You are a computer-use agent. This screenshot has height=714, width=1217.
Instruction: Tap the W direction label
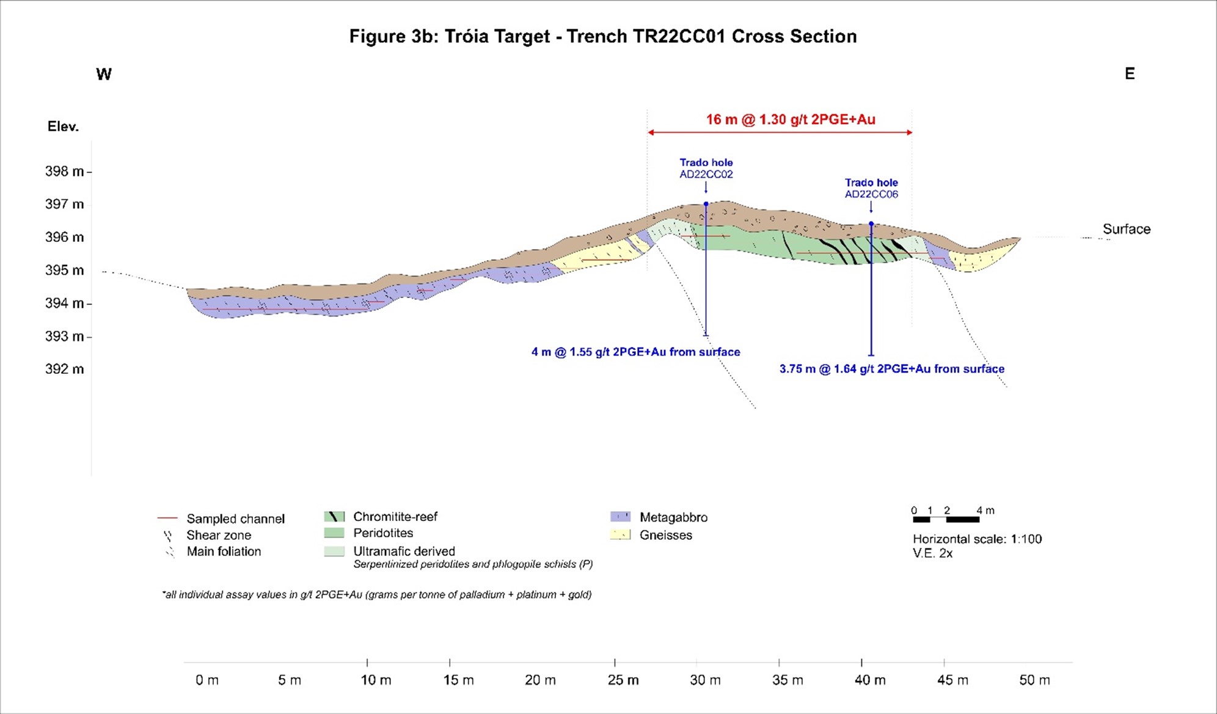tap(104, 75)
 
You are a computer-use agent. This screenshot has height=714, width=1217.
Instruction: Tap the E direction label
tap(1130, 74)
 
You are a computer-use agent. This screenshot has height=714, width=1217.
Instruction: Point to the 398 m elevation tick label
tap(64, 172)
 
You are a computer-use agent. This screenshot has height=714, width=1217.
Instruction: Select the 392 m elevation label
tap(64, 369)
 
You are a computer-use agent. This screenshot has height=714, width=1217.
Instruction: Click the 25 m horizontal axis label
tap(623, 680)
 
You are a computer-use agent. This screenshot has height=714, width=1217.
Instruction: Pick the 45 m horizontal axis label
tap(952, 680)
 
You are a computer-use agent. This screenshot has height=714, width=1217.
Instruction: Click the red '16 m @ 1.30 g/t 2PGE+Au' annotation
tap(791, 120)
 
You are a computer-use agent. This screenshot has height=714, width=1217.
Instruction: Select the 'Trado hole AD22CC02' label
tap(706, 168)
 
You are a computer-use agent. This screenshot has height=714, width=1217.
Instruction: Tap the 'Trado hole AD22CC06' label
tap(871, 188)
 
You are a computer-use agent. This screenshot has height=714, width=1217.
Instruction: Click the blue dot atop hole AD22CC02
tap(706, 204)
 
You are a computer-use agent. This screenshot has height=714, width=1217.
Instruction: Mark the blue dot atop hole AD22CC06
tap(871, 224)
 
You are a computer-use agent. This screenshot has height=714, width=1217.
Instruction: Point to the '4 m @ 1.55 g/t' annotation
tap(635, 352)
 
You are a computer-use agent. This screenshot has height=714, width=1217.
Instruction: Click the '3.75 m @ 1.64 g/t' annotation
tap(891, 369)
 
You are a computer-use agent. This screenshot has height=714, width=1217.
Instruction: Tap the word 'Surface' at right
tap(1126, 229)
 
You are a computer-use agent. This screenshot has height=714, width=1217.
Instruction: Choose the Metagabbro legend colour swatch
tap(620, 517)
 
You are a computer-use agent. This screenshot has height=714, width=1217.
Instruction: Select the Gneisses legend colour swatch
tap(620, 534)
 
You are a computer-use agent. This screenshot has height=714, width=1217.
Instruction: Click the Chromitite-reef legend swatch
tap(334, 517)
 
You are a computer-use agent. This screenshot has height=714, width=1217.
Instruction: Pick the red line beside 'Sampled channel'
tap(167, 519)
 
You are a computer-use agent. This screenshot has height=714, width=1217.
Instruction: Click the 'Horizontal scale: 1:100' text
tap(977, 539)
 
